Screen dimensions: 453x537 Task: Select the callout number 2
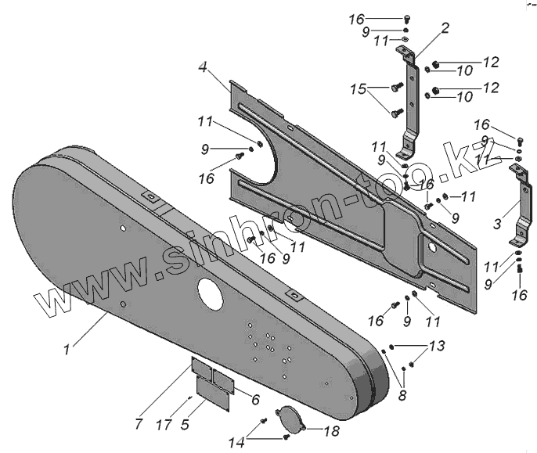[x=445, y=29]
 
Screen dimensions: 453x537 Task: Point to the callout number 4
[x=203, y=68]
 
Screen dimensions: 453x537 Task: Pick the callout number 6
[x=254, y=398]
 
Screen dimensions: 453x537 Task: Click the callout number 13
[x=435, y=345]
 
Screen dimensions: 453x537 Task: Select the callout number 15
[x=358, y=91]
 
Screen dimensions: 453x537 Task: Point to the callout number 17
[x=162, y=425]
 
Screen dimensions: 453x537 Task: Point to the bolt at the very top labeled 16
[x=407, y=19]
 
